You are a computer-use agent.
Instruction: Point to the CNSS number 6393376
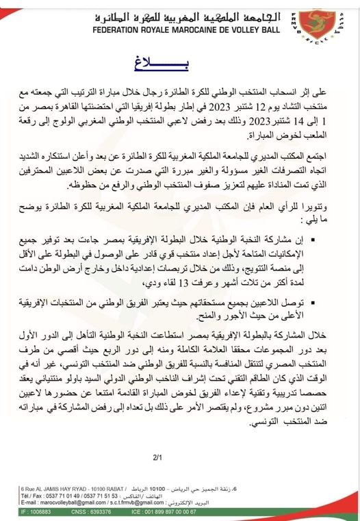tap(116, 511)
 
